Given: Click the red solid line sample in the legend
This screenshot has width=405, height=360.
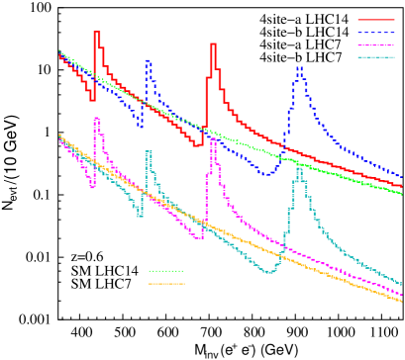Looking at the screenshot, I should [x=375, y=20].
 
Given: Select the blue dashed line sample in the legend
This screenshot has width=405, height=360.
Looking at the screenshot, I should [x=375, y=33].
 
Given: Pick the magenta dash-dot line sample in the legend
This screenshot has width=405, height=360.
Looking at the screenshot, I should [x=375, y=45].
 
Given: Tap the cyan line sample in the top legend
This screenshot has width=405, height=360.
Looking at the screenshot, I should [x=375, y=57].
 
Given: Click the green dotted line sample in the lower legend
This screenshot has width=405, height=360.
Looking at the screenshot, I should [x=165, y=271].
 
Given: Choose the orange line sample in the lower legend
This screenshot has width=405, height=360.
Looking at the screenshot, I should [x=165, y=284].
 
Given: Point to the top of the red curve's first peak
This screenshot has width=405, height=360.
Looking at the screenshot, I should [x=96, y=33].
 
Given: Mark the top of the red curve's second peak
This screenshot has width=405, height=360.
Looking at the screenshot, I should [x=213, y=45].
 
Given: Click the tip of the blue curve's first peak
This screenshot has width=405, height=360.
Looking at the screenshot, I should [x=148, y=61].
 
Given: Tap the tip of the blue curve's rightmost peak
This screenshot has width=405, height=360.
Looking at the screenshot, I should [x=299, y=68].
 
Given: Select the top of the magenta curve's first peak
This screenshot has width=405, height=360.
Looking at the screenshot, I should [x=96, y=119].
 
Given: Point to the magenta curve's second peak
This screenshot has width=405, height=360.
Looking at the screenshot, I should [x=213, y=139].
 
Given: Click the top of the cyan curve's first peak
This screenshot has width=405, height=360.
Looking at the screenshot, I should [x=148, y=152].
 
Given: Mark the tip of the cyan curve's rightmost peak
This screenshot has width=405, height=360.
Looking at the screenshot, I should [x=299, y=169].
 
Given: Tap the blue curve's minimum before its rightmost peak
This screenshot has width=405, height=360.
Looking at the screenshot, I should [x=267, y=173].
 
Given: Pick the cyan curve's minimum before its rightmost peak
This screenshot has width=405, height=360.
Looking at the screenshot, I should [x=269, y=271].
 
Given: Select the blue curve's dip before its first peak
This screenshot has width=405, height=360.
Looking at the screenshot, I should [x=140, y=126].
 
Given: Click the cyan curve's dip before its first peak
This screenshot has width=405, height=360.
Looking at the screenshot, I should [x=140, y=215].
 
